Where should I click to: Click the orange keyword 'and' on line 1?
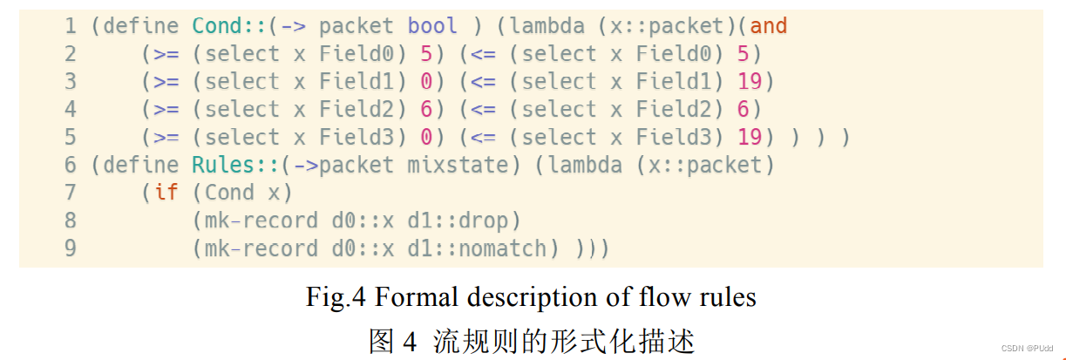(768, 26)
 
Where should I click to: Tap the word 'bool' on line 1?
(432, 26)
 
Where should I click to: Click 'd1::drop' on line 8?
(470, 221)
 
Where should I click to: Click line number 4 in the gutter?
(71, 110)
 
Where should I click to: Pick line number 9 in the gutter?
(71, 248)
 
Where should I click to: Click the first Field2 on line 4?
(356, 110)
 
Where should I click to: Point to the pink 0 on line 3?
(426, 82)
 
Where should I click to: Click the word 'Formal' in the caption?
(420, 297)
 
